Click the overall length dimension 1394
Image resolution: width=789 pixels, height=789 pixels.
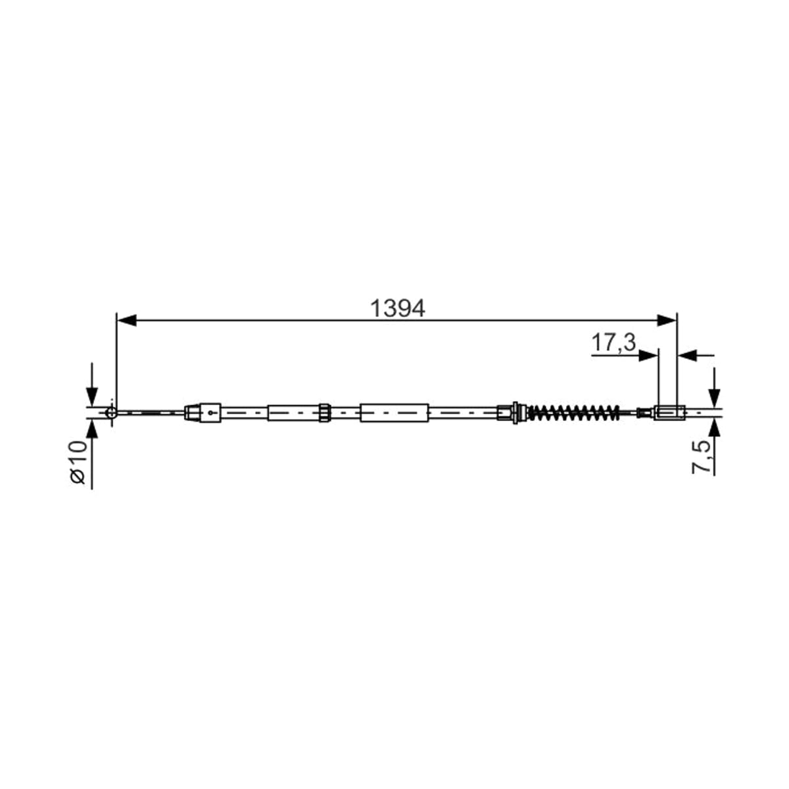tap(398, 309)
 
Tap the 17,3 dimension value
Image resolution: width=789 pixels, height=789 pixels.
tap(613, 343)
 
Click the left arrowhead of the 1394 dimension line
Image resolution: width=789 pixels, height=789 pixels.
tap(126, 321)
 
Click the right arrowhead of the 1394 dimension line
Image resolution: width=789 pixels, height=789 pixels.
tap(667, 321)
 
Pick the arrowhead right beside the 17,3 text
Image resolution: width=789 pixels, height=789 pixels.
tap(648, 356)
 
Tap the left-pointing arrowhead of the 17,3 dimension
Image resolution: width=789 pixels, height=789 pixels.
tap(688, 356)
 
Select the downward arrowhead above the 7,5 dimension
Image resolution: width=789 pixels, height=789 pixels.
tap(715, 397)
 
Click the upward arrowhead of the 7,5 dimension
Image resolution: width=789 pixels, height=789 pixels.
tap(715, 429)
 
